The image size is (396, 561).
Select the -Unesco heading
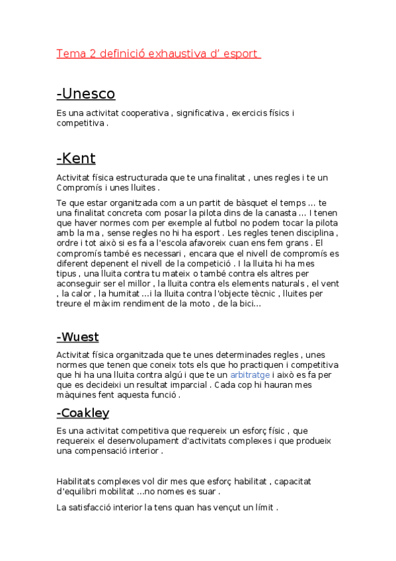click(86, 93)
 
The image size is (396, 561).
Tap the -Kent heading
click(76, 158)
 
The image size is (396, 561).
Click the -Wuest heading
click(78, 337)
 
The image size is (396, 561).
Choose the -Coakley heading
click(83, 413)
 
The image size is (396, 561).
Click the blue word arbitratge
click(250, 374)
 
